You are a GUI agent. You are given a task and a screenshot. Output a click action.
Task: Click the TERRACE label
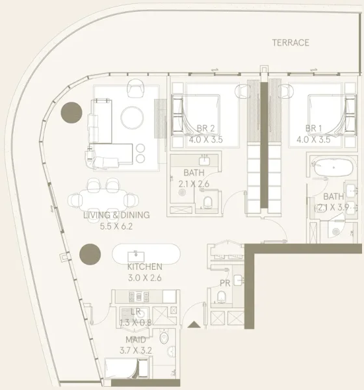coord(291,43)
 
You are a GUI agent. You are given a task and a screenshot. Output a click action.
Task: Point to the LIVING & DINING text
coord(116,215)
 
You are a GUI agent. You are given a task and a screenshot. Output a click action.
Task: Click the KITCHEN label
coord(144,267)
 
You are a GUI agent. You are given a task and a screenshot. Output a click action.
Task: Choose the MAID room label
coord(136,340)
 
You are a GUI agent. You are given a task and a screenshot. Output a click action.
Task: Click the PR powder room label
coord(225,283)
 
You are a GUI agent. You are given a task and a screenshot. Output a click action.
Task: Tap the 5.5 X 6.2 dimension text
coord(116,226)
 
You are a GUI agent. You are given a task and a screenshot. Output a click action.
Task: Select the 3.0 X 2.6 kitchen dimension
coord(144,278)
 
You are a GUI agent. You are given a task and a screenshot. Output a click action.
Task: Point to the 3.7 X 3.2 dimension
coord(136,350)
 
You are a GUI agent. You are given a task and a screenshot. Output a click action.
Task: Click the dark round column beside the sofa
coord(70,114)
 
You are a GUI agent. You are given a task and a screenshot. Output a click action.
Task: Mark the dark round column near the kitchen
coord(89,253)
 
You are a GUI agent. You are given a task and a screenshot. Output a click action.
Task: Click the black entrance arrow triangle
coord(193,324)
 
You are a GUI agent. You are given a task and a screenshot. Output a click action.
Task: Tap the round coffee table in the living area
coord(133,117)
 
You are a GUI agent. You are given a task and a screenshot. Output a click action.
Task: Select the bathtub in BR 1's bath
coord(332,167)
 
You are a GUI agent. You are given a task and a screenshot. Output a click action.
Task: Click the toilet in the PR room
coord(220,298)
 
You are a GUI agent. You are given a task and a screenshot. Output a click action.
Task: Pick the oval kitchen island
coord(144,253)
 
